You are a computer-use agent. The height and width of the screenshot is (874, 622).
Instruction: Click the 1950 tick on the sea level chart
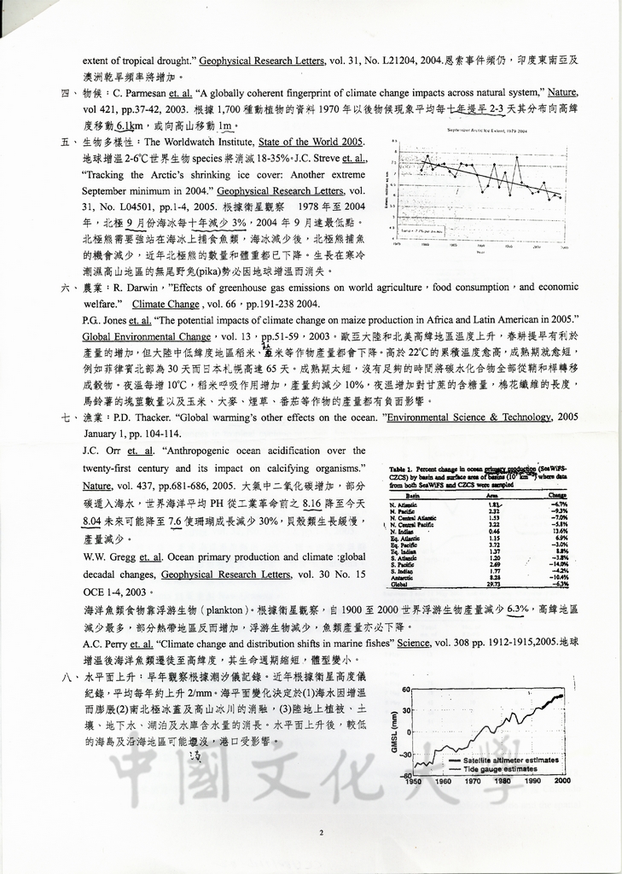[413, 781]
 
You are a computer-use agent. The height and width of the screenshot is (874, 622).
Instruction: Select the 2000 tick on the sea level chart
[562, 781]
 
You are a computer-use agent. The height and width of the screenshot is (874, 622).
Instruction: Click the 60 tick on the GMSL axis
[406, 689]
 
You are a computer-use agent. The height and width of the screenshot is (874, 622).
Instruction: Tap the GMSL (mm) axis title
[394, 732]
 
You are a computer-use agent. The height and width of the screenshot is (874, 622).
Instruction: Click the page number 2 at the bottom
[321, 833]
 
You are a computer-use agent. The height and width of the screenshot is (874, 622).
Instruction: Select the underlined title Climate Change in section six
[166, 304]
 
